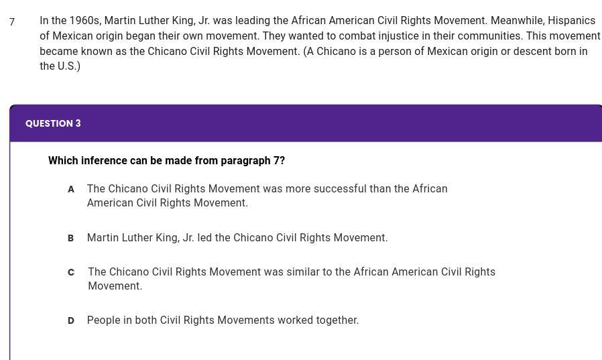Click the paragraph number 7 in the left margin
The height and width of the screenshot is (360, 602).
[12, 21]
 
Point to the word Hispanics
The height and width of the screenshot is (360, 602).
[572, 20]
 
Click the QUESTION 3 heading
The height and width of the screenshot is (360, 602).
[53, 123]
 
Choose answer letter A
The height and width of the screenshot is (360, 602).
[70, 189]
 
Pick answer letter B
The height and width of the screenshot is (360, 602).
[70, 239]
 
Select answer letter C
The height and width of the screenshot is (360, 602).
[70, 272]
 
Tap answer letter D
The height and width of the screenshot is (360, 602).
[70, 321]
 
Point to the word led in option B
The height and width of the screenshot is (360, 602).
[204, 237]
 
